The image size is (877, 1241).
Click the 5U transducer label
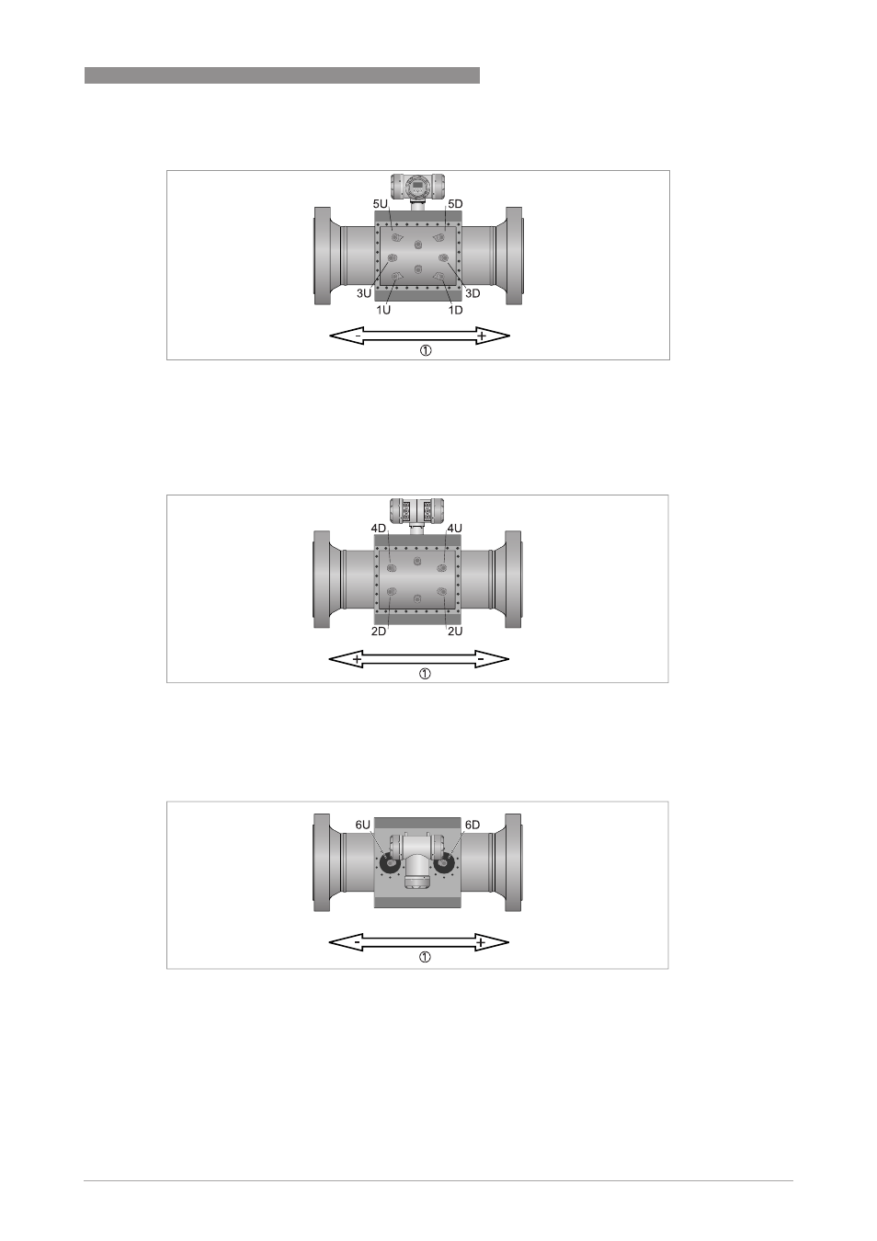pyautogui.click(x=380, y=204)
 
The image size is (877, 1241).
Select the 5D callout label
pyautogui.click(x=455, y=204)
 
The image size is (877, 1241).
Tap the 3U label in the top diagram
pyautogui.click(x=364, y=293)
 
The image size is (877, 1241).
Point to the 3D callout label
pyautogui.click(x=472, y=293)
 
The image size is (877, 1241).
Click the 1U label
pyautogui.click(x=383, y=310)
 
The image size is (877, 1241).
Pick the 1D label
pyautogui.click(x=455, y=310)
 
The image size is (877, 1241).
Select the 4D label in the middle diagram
pyautogui.click(x=379, y=529)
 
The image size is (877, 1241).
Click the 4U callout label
pyautogui.click(x=454, y=529)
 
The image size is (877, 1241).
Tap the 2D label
pyautogui.click(x=379, y=631)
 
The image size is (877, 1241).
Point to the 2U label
pyautogui.click(x=455, y=631)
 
